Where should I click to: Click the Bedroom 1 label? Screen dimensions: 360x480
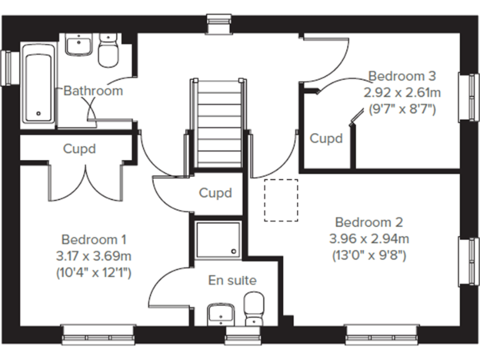tap(94, 239)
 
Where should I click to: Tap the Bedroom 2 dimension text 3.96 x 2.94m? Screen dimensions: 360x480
tap(369, 238)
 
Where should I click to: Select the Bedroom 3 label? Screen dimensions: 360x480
tap(401, 76)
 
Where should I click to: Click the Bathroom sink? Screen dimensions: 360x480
tap(79, 44)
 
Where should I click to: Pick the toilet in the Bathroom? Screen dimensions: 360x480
tap(109, 50)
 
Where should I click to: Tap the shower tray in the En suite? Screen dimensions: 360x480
tap(217, 239)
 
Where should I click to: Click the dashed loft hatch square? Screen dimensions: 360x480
tap(281, 200)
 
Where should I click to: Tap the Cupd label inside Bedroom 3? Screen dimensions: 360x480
tap(326, 139)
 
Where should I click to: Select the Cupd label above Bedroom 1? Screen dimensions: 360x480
tap(79, 149)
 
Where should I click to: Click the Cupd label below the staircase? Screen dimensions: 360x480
tap(215, 192)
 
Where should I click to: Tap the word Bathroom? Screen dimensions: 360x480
tap(94, 91)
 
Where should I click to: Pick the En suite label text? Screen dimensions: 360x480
tap(232, 281)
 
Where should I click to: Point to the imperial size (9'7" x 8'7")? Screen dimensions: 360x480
tap(401, 109)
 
